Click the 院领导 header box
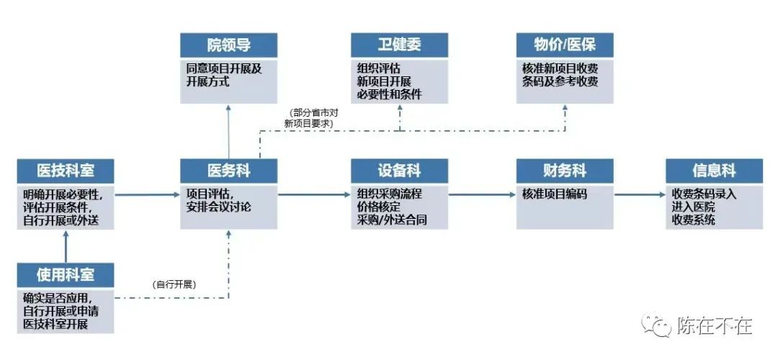click(x=228, y=45)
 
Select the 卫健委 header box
click(x=399, y=45)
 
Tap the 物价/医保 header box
click(x=565, y=45)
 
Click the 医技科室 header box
click(x=66, y=171)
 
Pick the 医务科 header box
click(x=228, y=171)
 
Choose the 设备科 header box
click(x=399, y=171)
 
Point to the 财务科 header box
click(x=565, y=171)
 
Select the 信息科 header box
click(x=714, y=171)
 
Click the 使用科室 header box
click(x=66, y=274)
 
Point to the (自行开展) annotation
click(x=174, y=285)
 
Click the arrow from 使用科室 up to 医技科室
click(x=66, y=246)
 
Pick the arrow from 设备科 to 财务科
click(x=481, y=194)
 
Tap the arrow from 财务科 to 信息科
click(x=639, y=194)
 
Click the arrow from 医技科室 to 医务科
click(x=147, y=194)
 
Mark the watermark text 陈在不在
click(x=715, y=326)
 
